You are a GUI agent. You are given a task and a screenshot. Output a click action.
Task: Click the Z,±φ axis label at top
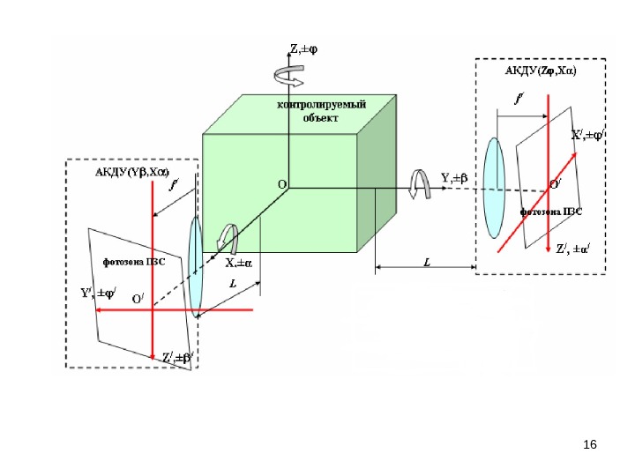coord(305,50)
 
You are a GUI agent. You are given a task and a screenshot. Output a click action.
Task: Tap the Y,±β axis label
coord(456,178)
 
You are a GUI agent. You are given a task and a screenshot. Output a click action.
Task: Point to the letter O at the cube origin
coord(282,185)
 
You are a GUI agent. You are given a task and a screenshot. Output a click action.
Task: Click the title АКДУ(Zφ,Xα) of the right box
coord(540,71)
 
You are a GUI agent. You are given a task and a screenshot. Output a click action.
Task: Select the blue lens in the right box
coord(495,182)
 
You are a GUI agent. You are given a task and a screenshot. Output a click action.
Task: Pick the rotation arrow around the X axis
coord(229,239)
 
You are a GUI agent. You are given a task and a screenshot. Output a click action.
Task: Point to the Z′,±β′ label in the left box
coord(177,358)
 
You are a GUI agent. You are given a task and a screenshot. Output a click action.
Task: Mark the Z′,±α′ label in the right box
coord(573,249)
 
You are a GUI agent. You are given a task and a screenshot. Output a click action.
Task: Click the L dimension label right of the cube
coord(427,262)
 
